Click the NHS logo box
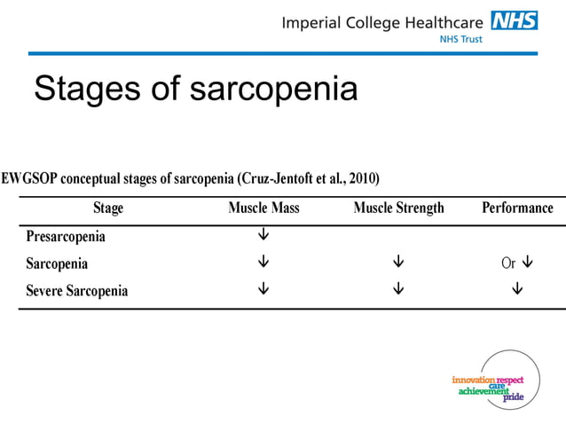point(515,20)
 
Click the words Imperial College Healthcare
point(383,22)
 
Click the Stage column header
point(108,208)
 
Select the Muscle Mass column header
point(263,208)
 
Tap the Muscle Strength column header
point(398,208)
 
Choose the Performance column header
point(517,208)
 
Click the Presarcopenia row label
point(66,237)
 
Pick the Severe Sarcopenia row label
point(77,290)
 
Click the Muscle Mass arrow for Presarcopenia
point(263,236)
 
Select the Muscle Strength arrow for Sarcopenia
point(398,263)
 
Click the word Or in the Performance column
point(507,263)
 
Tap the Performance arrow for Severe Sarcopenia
point(517,289)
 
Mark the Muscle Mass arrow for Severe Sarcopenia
point(263,289)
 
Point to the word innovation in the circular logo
point(474,380)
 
